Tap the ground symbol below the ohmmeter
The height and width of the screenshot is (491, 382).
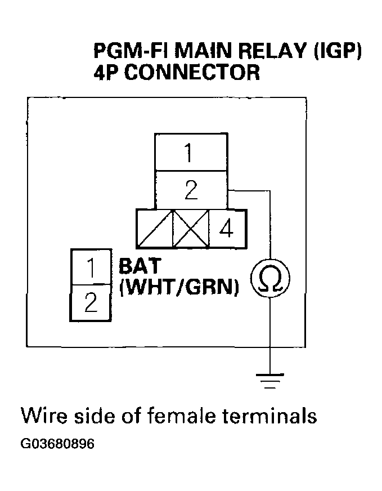click(x=271, y=381)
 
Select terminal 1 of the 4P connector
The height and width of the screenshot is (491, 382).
click(x=191, y=153)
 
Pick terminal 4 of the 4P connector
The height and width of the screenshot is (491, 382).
click(x=227, y=229)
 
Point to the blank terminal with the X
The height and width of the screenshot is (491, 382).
click(x=191, y=229)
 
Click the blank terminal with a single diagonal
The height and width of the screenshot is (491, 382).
click(x=154, y=229)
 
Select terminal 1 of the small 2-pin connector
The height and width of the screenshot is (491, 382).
click(x=89, y=267)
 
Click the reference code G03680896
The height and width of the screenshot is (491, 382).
click(x=57, y=444)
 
